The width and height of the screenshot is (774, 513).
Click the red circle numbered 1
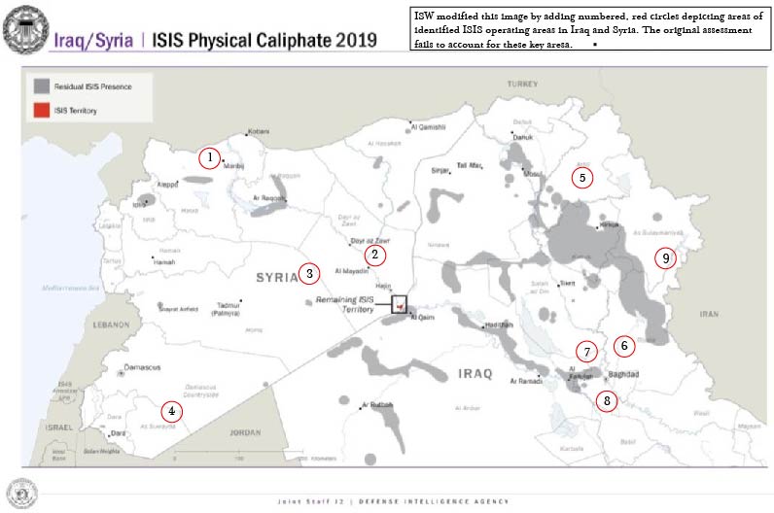coord(208,157)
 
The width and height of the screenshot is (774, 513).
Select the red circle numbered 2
coord(374,255)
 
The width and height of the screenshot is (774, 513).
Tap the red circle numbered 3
coord(309,273)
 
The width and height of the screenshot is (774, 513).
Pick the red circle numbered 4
coord(171,411)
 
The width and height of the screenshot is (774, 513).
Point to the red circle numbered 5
coord(581,178)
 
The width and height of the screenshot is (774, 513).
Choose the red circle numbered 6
coord(624,345)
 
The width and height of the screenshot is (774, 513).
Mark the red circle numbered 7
coord(585,352)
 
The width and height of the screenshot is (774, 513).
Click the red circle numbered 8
coord(607,400)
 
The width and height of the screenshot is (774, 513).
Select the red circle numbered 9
coord(664,258)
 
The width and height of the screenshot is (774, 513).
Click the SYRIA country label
coord(276,278)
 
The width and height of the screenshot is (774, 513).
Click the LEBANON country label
coord(111,325)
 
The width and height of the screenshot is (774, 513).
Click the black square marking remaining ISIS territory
coord(399,304)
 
